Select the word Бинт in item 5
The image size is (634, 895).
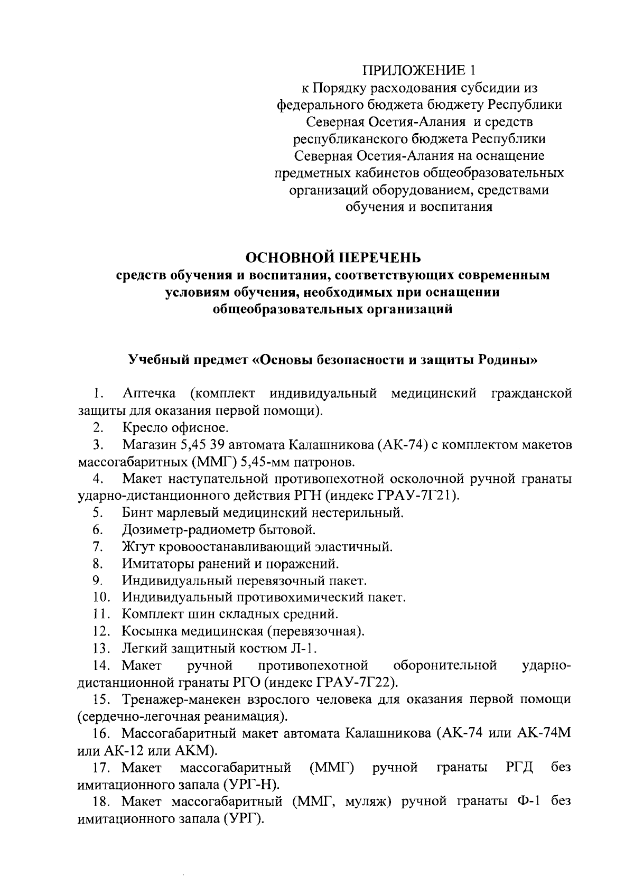coord(136,512)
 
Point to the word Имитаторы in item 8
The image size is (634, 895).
coord(154,563)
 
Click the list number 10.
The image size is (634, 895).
coord(100,598)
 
